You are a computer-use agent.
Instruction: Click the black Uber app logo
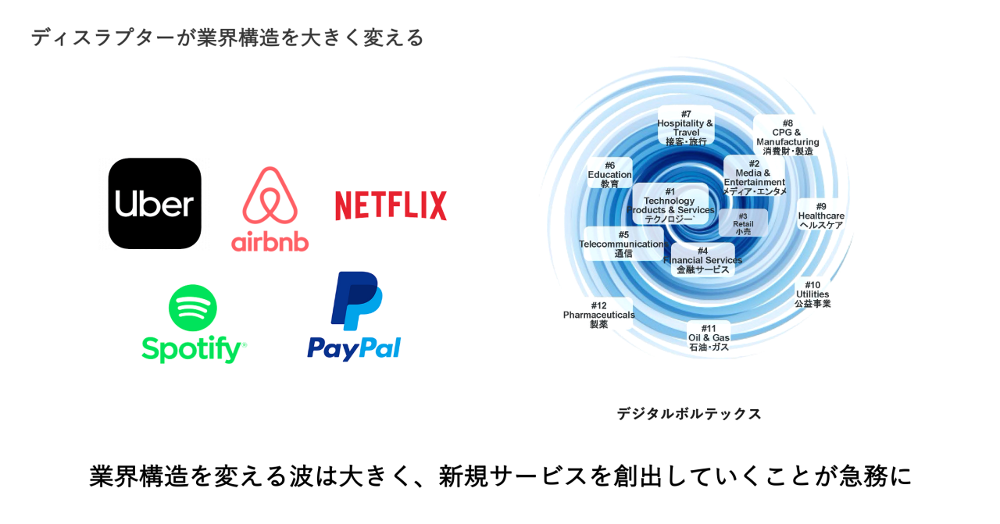pos(155,204)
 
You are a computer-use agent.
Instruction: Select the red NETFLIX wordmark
pos(391,205)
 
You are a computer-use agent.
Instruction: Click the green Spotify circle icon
pos(193,308)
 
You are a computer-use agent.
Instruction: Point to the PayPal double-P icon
pos(355,301)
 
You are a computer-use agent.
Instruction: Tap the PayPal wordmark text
pos(354,348)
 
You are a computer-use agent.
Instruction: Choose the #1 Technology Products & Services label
pos(670,205)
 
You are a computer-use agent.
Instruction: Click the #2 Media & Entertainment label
pos(754,177)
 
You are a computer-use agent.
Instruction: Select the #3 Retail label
pos(743,223)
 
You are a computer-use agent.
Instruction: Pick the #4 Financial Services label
pos(702,260)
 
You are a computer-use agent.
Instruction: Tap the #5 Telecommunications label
pos(623,244)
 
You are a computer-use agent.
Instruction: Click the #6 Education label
pos(609,174)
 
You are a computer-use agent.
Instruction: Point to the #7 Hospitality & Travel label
pos(685,127)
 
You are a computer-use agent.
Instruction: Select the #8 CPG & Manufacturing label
pos(787,137)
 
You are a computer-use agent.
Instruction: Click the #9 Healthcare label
pos(821,216)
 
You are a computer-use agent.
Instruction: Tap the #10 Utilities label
pos(812,294)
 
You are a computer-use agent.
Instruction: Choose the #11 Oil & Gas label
pos(709,337)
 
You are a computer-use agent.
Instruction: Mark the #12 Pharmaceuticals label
pos(598,315)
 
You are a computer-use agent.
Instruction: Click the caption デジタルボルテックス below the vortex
pos(688,414)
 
